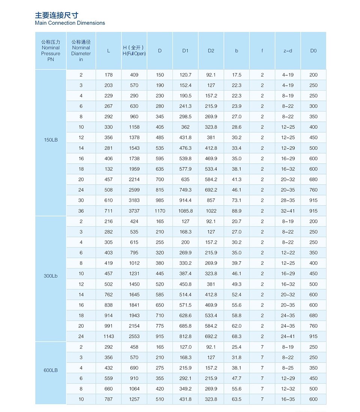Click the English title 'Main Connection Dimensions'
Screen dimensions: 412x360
pos(70,23)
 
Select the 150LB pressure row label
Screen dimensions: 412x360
pos(51,140)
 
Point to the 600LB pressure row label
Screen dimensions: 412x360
pos(51,370)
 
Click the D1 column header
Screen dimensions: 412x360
pos(185,51)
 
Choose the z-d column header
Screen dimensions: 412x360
pos(288,51)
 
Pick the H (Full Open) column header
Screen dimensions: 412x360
pos(134,51)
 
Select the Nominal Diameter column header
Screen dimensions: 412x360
pos(81,51)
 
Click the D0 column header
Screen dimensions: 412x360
pos(313,51)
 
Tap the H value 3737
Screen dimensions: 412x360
pos(134,211)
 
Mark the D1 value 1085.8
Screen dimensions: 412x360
pos(185,211)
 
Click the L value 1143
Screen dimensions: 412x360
pos(108,336)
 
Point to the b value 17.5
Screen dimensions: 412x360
pos(237,75)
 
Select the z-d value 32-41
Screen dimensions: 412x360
pos(288,211)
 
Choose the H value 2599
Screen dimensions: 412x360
pos(134,190)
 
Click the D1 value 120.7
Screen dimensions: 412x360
pos(185,75)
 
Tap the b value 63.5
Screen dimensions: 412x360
pos(237,399)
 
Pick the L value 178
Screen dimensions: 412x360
pos(108,75)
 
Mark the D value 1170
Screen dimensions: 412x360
pos(160,211)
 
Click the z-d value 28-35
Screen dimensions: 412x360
pos(288,200)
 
